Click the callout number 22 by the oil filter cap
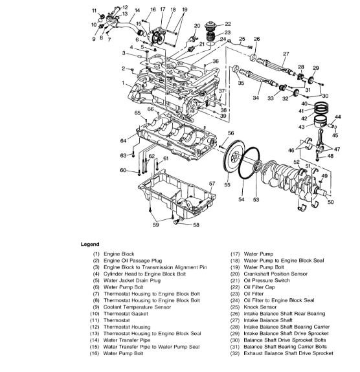[x=228, y=24]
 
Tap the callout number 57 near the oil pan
[x=212, y=184]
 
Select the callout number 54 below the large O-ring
[x=242, y=199]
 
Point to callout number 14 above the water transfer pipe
[x=137, y=10]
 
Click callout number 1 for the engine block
[x=123, y=83]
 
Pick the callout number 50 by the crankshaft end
[x=331, y=202]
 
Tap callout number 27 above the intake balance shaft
[x=286, y=54]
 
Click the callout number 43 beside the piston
[x=301, y=127]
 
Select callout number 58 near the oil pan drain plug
[x=196, y=225]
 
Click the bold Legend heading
[x=90, y=244]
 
